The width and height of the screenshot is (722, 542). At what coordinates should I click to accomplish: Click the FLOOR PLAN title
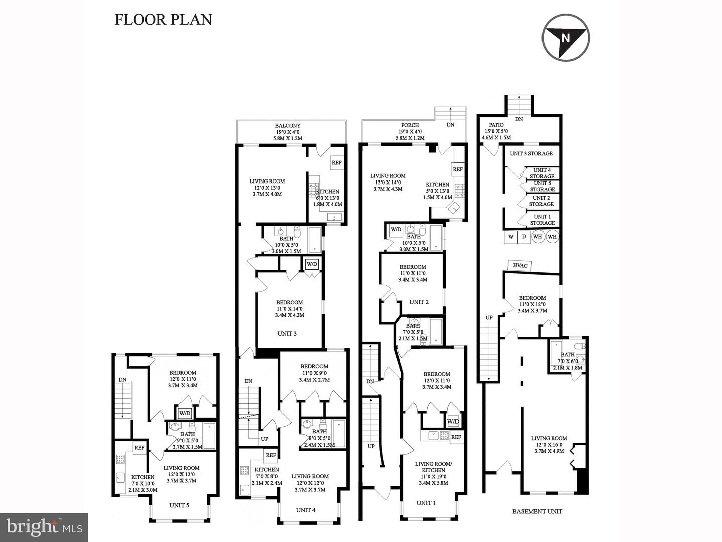click(x=163, y=20)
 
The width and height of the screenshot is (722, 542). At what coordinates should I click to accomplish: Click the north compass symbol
click(x=566, y=37)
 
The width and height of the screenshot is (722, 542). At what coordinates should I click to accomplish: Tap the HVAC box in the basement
click(x=520, y=265)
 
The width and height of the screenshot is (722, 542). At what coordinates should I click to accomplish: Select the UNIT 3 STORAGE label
click(x=531, y=153)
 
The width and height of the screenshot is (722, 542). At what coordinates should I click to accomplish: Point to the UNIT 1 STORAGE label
click(x=543, y=220)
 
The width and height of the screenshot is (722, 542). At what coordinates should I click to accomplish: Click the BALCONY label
click(x=288, y=126)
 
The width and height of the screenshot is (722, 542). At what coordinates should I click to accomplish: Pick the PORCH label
click(x=410, y=125)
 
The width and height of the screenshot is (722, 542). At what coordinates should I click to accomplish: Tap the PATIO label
click(x=496, y=125)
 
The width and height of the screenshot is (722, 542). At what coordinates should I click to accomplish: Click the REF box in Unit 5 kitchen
click(x=139, y=448)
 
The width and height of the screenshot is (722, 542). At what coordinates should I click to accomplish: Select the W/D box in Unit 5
click(x=185, y=413)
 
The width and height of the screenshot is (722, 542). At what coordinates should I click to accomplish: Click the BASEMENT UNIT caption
click(x=537, y=511)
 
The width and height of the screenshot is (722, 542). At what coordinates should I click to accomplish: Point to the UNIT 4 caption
click(x=305, y=510)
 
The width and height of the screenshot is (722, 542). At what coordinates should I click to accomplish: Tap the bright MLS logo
click(x=44, y=527)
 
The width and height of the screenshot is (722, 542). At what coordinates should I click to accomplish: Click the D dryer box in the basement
click(x=524, y=237)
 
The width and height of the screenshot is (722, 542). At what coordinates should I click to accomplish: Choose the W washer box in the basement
click(x=511, y=237)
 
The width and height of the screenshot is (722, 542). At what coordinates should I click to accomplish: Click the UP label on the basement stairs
click(x=489, y=318)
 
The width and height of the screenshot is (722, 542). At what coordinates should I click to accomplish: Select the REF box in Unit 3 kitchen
click(x=337, y=163)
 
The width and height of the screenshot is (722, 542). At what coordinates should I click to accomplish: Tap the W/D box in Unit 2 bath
click(x=396, y=229)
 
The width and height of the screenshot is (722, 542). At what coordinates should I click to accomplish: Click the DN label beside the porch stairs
click(x=450, y=125)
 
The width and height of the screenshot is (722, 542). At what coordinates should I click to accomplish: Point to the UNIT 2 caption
click(x=419, y=302)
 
